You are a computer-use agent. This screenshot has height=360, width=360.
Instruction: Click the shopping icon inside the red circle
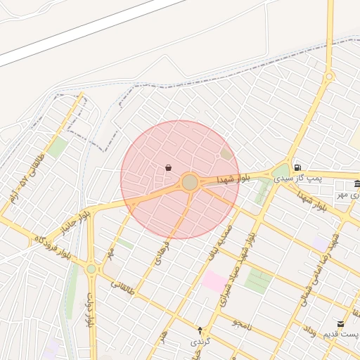tap(168, 168)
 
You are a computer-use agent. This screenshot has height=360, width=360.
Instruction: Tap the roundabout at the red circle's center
tap(189, 183)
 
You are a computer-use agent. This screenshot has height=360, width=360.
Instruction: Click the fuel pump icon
tap(298, 167)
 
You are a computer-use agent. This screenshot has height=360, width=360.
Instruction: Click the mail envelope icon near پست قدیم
tap(341, 323)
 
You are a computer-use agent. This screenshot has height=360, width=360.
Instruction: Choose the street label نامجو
tap(243, 323)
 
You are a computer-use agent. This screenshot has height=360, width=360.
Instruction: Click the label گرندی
tap(200, 341)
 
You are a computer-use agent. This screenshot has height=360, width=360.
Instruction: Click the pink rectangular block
tap(214, 281)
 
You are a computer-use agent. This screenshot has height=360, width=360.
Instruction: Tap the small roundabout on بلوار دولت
tap(91, 269)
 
